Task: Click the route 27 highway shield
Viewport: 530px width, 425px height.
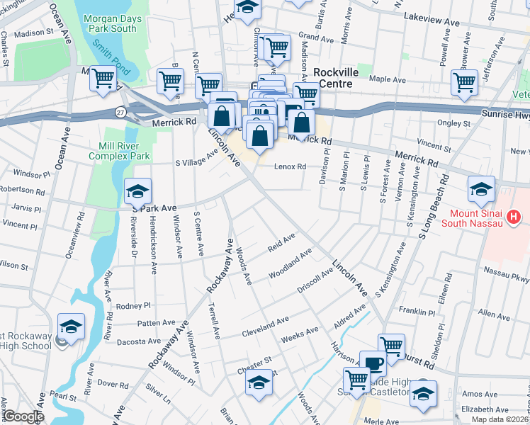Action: pos(121,113)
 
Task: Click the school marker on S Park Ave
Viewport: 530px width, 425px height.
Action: pos(137,191)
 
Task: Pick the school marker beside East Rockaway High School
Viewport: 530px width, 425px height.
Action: pos(71,327)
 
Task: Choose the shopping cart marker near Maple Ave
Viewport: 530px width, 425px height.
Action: pos(464,82)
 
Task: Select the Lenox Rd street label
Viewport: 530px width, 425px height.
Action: pos(290,167)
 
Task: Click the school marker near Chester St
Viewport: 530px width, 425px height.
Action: pos(259,383)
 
